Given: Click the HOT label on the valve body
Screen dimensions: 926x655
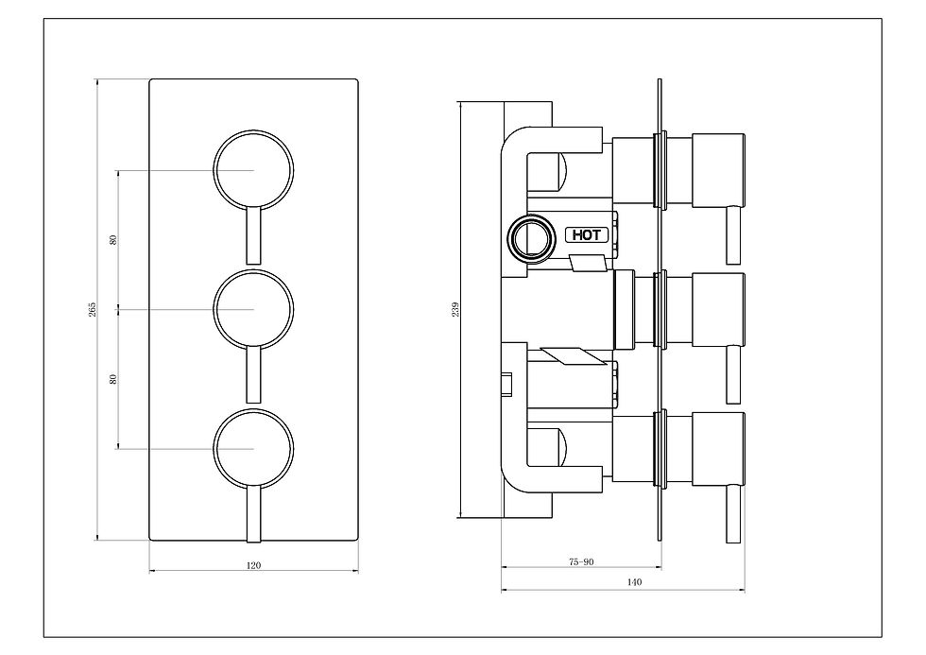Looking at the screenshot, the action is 587,234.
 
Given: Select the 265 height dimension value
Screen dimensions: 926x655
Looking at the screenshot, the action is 93,309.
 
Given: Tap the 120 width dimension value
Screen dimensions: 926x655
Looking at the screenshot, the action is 253,565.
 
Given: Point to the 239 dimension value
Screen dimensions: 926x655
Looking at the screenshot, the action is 455,309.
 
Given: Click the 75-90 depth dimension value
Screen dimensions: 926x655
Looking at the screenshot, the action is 581,561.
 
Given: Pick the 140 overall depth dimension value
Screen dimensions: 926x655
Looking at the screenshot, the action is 634,582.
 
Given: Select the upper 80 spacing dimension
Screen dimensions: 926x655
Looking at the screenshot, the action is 113,240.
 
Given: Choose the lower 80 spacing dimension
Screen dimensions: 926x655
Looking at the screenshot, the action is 113,379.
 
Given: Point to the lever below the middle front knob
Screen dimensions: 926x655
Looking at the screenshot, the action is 253,374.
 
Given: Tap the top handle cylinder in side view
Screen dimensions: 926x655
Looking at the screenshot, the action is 718,170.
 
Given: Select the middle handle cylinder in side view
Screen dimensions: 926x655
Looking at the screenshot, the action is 718,309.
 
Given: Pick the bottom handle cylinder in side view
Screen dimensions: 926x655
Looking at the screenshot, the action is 718,449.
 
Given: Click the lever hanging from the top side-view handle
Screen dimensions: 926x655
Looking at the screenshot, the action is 733,234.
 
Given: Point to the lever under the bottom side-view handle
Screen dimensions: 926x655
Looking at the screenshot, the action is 733,513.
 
